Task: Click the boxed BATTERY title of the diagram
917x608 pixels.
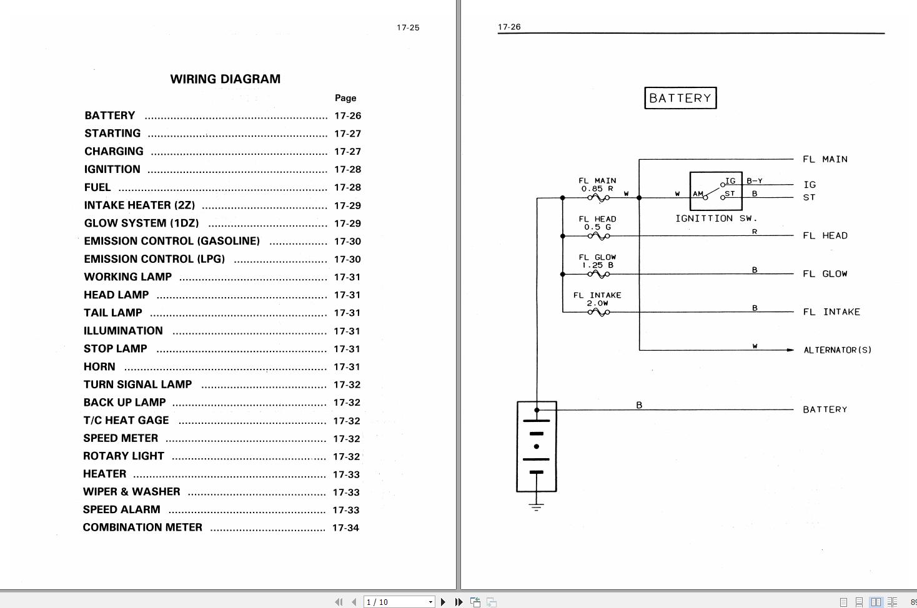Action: [680, 98]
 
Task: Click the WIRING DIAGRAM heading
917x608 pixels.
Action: [225, 79]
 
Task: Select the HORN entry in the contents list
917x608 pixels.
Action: [99, 366]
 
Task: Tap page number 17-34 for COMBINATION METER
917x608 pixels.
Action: [345, 528]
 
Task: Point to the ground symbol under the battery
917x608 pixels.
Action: [536, 506]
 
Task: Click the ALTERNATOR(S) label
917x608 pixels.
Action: [837, 350]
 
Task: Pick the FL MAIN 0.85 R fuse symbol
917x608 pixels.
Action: [598, 199]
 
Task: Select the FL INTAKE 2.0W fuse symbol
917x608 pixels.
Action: [598, 312]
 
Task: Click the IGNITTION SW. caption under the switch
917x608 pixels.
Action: [716, 218]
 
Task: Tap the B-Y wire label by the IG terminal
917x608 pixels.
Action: [755, 181]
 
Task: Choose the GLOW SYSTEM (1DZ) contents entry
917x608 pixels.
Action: [141, 223]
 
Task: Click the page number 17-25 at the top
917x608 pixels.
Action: [408, 27]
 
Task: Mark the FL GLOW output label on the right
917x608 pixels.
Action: [825, 274]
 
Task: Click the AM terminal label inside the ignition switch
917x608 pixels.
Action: [698, 194]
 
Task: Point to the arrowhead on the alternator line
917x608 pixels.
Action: [790, 350]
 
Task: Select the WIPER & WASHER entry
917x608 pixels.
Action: [131, 492]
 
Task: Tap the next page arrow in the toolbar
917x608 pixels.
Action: [444, 602]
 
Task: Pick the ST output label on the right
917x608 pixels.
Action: [809, 197]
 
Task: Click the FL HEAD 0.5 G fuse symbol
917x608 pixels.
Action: [598, 237]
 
